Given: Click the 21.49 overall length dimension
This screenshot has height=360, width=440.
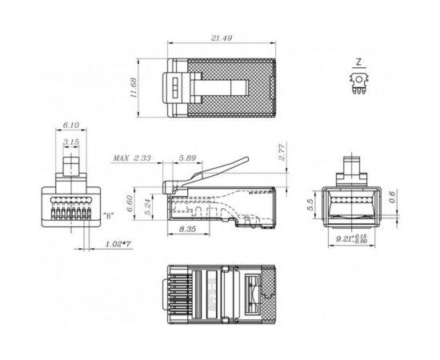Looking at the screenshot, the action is tap(222, 38).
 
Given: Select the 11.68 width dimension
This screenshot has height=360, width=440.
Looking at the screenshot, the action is tap(134, 87).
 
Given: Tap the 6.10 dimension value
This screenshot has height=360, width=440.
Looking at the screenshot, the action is tap(71, 125).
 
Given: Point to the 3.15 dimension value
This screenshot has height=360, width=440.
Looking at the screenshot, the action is tap(71, 142).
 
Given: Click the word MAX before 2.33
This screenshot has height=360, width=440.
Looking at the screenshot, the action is tap(121, 158).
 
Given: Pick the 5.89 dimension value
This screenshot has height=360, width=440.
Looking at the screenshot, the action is tap(187, 158).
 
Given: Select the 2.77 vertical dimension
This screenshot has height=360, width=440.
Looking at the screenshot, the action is tap(282, 151).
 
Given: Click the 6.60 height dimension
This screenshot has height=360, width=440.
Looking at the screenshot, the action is tap(129, 203).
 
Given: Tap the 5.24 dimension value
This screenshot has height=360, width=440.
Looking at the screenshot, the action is tap(148, 206).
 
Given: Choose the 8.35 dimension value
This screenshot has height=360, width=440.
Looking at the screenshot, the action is tap(187, 230).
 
